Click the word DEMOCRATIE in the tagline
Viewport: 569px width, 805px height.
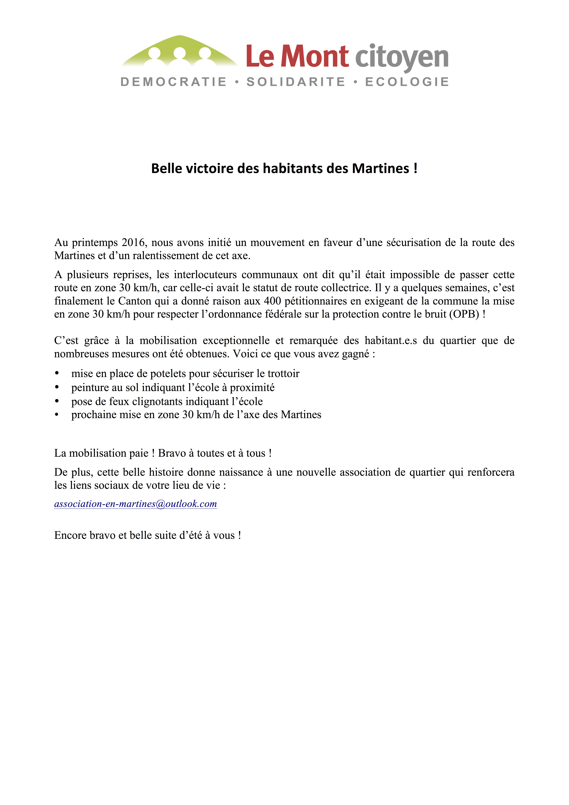[x=174, y=82]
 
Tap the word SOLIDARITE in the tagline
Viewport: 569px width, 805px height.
[x=296, y=82]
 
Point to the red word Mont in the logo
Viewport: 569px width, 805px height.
[x=314, y=56]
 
